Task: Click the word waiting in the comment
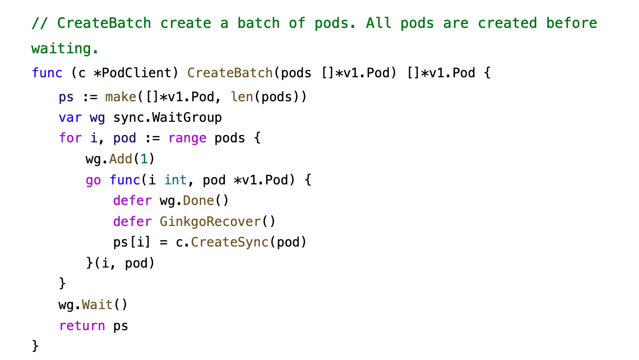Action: (65, 48)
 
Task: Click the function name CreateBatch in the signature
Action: (230, 73)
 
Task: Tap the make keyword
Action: (120, 97)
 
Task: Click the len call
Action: (242, 97)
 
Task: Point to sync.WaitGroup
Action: (167, 118)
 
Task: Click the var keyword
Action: (70, 118)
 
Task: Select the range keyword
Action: (187, 138)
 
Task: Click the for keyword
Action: (70, 138)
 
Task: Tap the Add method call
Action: (120, 159)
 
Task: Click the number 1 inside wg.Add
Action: (144, 159)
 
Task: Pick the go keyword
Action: (93, 180)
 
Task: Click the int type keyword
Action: (176, 180)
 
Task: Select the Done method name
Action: (198, 201)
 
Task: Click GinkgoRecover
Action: (210, 222)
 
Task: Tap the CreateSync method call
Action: (229, 242)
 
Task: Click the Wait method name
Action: (97, 305)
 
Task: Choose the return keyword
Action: (82, 326)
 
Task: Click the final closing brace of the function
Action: (35, 346)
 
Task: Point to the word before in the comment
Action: (571, 23)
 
